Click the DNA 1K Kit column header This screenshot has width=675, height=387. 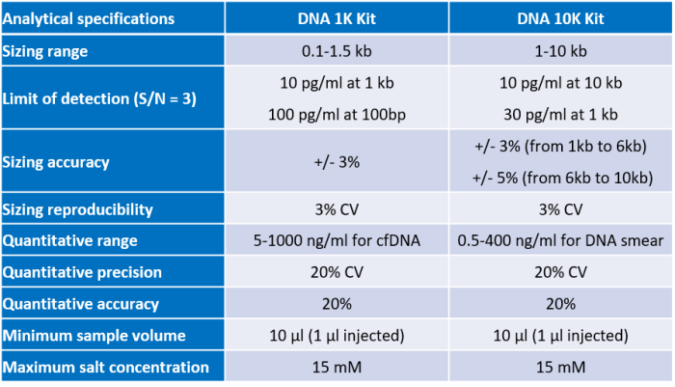tap(337, 18)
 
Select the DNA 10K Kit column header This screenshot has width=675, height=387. tap(560, 18)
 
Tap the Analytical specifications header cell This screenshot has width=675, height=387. tap(89, 18)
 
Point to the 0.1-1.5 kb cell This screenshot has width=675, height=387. tap(337, 51)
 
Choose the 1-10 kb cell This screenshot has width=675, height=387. tap(560, 51)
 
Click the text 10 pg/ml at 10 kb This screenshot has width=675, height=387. tap(560, 82)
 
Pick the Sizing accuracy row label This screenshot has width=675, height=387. tap(56, 162)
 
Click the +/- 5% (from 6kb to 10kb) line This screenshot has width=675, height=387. tap(560, 179)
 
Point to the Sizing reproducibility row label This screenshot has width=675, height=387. tap(77, 209)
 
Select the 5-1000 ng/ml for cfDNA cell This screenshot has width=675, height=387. tap(337, 241)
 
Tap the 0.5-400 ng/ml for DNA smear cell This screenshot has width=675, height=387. tap(560, 241)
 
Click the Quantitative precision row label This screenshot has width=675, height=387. tap(82, 272)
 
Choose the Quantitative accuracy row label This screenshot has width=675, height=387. tap(81, 304)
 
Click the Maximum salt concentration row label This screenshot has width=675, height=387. tap(105, 367)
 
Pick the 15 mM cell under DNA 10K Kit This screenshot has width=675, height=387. tap(560, 367)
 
